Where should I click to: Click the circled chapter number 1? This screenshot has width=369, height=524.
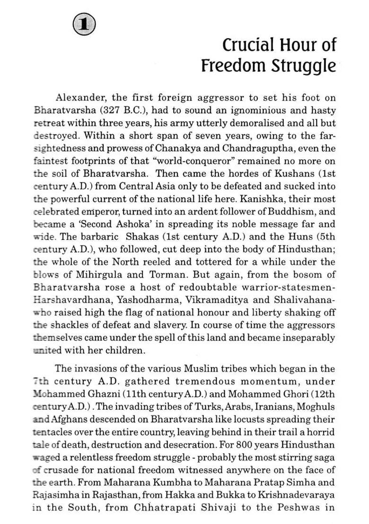[x=85, y=24]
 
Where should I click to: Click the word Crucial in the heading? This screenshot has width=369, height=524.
[x=246, y=45]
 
